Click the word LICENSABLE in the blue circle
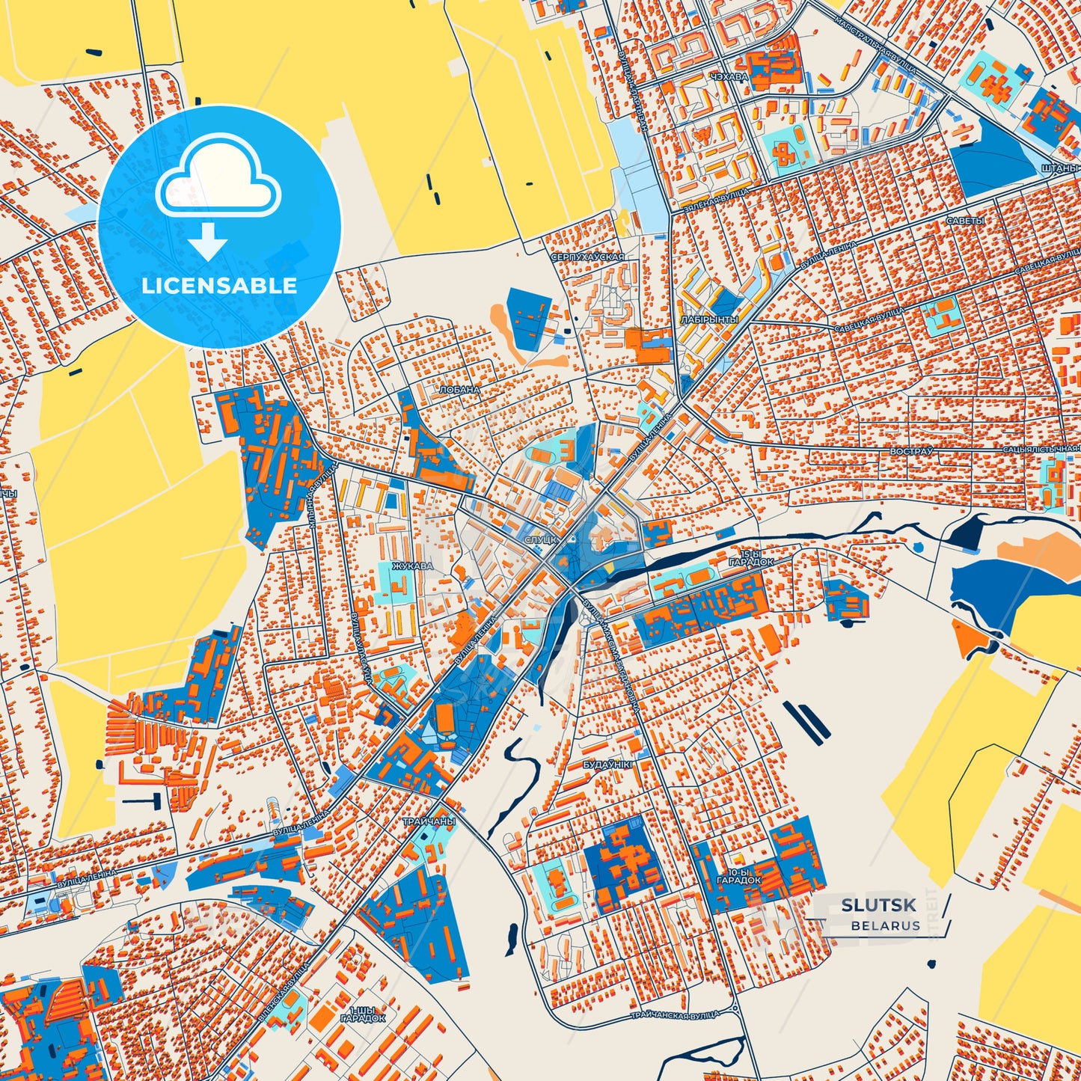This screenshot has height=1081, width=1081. tap(219, 286)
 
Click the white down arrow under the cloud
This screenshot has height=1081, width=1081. tap(208, 241)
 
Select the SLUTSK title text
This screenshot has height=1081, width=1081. tap(878, 905)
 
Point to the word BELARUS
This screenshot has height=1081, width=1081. tap(885, 925)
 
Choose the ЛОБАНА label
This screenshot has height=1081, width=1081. tap(459, 390)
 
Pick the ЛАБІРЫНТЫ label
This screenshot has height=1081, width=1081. tap(709, 319)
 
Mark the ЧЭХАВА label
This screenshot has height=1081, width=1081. tap(729, 77)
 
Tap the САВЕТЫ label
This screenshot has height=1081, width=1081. tap(965, 221)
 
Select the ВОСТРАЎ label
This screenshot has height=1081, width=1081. tap(911, 452)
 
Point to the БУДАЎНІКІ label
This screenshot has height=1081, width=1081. tap(607, 765)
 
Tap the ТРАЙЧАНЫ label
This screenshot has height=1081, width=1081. tap(429, 821)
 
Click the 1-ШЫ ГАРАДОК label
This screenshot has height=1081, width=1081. tap(363, 1014)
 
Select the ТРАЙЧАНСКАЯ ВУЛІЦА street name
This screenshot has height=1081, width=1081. tap(674, 1014)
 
